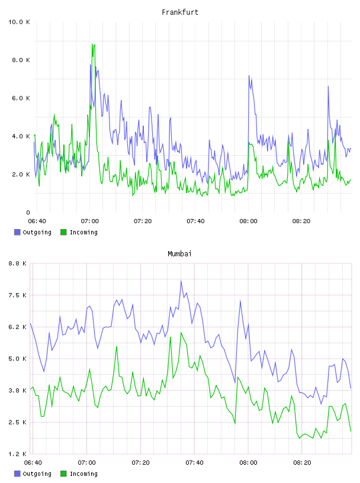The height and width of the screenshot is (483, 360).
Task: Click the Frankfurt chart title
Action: (x=180, y=12)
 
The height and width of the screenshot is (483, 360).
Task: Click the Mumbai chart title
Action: (x=179, y=254)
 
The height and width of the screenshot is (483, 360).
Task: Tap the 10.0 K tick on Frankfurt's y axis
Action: (x=19, y=22)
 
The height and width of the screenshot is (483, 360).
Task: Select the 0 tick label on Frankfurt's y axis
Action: (x=28, y=212)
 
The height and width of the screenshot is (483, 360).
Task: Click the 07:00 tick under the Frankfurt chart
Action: (x=89, y=221)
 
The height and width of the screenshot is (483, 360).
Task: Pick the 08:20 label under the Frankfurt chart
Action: (x=301, y=221)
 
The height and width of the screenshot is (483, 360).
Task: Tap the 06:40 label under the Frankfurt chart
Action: (x=37, y=221)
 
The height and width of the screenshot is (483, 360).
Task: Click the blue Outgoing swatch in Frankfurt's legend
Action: (x=17, y=232)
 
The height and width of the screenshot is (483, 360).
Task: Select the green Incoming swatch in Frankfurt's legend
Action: (x=63, y=232)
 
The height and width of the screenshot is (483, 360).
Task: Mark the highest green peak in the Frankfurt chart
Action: (x=92, y=44)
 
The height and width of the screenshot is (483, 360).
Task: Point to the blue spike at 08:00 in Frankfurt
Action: (x=249, y=76)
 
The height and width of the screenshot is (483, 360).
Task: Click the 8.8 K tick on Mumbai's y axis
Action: (x=18, y=263)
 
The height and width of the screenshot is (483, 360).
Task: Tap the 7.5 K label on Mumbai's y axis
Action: (x=18, y=295)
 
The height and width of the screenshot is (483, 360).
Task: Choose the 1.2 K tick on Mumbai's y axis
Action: (x=18, y=454)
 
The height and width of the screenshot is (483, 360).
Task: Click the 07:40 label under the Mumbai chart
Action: (x=194, y=463)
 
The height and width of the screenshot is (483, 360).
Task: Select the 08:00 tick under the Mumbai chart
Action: (x=249, y=463)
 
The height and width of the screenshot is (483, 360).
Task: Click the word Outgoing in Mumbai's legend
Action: (x=37, y=474)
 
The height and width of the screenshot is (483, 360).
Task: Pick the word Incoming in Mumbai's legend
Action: (x=83, y=474)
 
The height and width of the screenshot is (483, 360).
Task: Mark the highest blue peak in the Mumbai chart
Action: (x=181, y=281)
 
